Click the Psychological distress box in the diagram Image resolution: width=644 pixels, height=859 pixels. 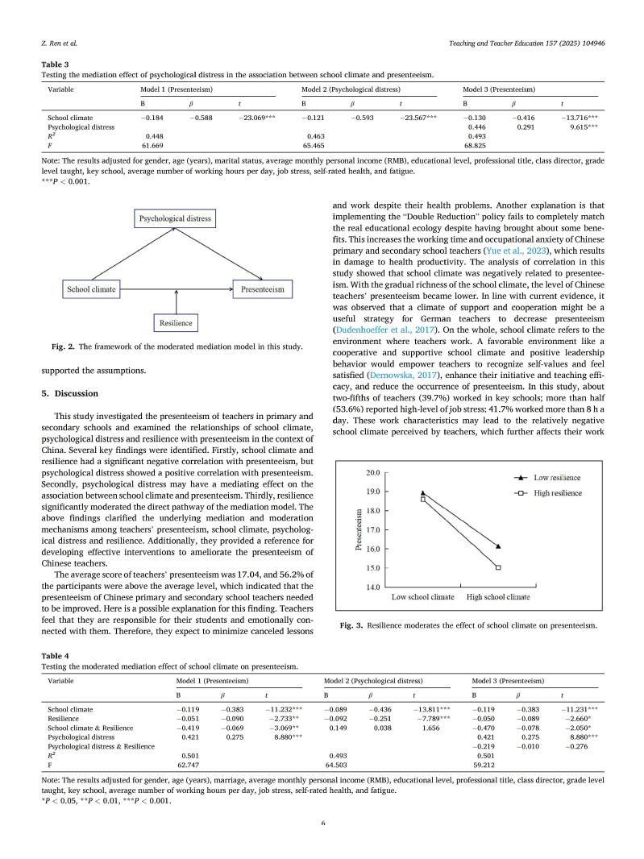point(175,219)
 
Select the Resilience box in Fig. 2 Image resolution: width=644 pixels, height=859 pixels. point(175,323)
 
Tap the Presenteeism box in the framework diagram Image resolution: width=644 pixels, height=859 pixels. point(262,288)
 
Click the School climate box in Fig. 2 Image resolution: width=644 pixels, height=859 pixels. point(90,288)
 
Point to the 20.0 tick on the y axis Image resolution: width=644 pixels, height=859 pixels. point(373,472)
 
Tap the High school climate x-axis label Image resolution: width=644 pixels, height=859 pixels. point(498,597)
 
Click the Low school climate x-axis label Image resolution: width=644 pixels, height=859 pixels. point(423,597)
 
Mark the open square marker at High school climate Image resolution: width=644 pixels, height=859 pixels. point(498,567)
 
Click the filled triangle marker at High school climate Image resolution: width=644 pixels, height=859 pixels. point(498,546)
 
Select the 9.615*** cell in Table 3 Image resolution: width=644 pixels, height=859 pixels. point(580,127)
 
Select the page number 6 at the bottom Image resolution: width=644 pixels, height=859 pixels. point(322,823)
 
